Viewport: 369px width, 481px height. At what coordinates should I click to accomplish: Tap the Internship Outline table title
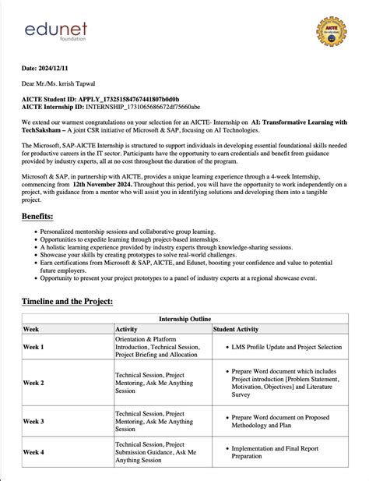[184, 319]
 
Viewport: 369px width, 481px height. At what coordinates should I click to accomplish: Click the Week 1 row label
[33, 347]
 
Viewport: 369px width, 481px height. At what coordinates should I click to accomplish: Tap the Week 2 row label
[33, 383]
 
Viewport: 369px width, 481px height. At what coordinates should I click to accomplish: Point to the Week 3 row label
[33, 421]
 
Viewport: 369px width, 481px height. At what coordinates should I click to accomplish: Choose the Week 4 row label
[33, 452]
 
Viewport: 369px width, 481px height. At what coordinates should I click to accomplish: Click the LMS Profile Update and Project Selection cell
[286, 347]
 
